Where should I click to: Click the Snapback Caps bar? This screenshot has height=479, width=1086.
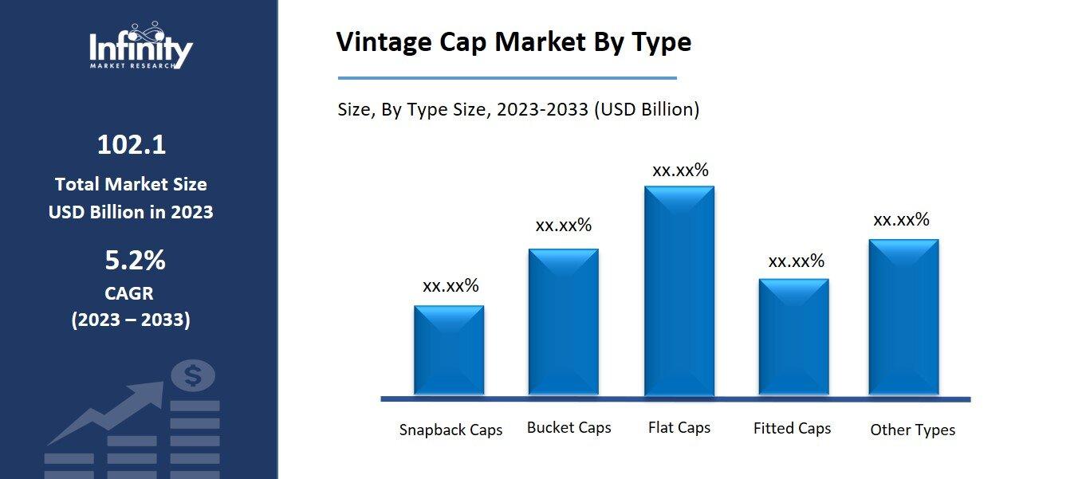tap(449, 351)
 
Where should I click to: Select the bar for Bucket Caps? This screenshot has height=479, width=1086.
tap(563, 322)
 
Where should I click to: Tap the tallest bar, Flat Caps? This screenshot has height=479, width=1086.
tap(679, 291)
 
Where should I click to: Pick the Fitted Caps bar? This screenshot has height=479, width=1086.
tap(793, 337)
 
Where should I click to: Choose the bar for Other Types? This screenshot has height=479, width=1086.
tap(903, 317)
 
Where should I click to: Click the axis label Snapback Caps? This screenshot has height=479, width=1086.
tap(451, 430)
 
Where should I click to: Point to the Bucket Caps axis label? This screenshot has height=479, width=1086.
tap(569, 428)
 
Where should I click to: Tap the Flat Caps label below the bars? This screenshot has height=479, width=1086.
tap(679, 428)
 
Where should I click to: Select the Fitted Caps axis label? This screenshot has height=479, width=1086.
tap(792, 429)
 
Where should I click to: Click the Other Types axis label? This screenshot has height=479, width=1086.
tap(912, 430)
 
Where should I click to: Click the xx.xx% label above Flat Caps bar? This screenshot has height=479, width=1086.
tap(680, 171)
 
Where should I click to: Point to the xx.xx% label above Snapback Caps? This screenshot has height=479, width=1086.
tap(451, 286)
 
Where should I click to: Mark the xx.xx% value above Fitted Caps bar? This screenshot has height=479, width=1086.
tap(796, 261)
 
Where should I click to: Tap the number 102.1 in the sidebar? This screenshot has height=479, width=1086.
tap(132, 145)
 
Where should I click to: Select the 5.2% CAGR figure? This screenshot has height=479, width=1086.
tap(135, 261)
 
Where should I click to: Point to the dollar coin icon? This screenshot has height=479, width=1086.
tap(192, 375)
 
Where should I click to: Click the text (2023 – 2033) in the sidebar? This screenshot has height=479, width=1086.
tap(131, 320)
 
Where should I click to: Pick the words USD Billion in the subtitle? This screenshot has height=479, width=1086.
tap(643, 110)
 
